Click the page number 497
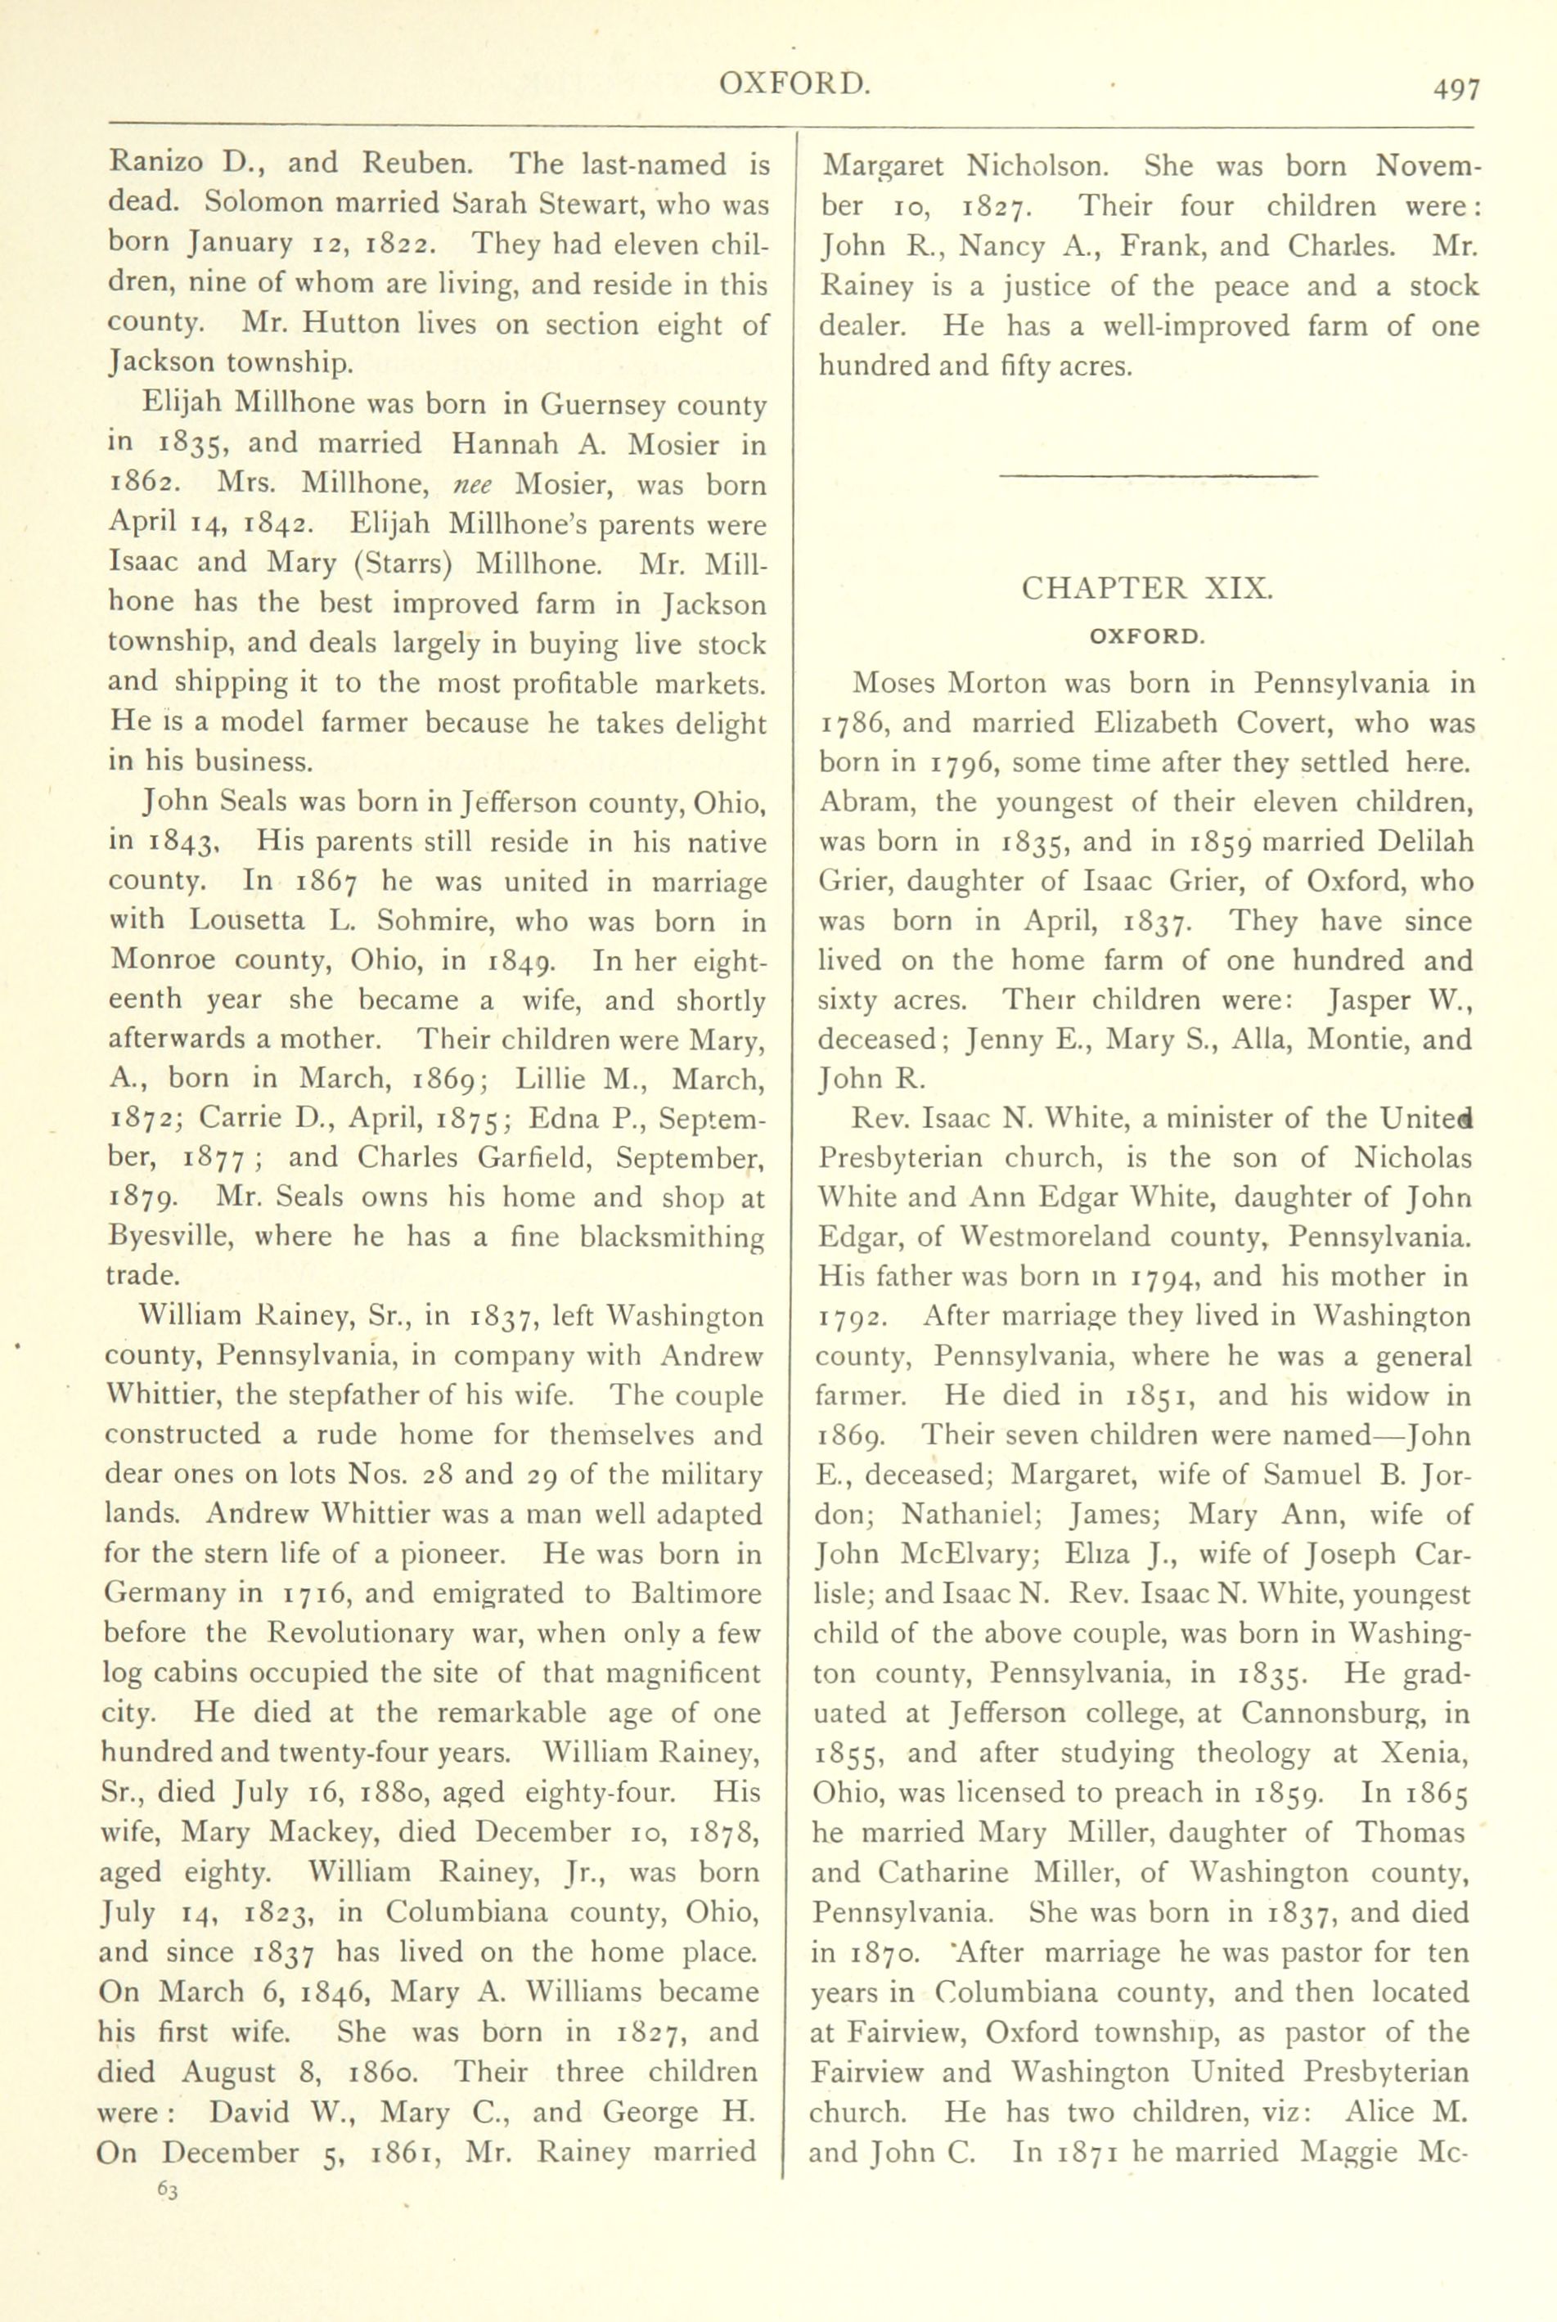1456,89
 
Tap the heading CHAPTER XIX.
1147,588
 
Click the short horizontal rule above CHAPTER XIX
1158,478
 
